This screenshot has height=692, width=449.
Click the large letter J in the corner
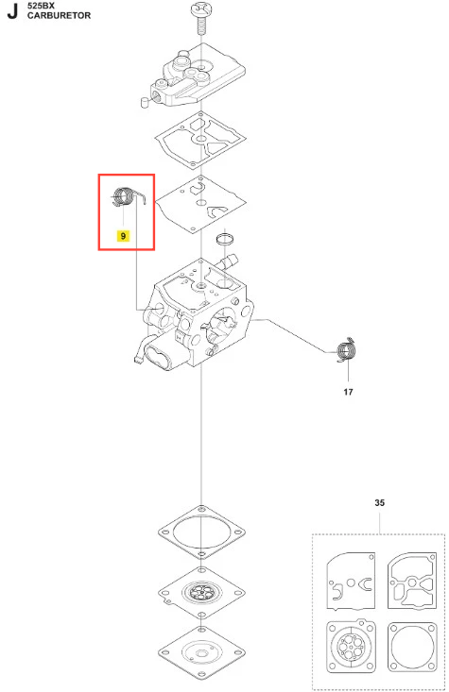13,11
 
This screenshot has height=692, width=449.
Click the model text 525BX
41,7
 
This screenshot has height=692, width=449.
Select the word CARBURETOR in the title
59,15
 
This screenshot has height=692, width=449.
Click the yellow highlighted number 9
123,236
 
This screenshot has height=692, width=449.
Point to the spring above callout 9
124,196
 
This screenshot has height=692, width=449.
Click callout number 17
348,392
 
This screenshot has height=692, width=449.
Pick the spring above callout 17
347,351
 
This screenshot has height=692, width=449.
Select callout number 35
379,502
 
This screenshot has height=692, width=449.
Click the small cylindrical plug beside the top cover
144,102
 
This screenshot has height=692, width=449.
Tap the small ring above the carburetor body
225,239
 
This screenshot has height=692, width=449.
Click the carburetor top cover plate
198,76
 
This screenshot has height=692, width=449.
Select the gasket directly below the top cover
200,139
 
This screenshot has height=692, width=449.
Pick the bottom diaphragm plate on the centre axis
201,652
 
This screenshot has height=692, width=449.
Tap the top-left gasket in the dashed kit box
351,581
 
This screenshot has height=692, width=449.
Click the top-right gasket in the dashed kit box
412,581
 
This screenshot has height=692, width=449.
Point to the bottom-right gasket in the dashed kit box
412,646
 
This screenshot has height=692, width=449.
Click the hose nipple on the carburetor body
228,261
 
